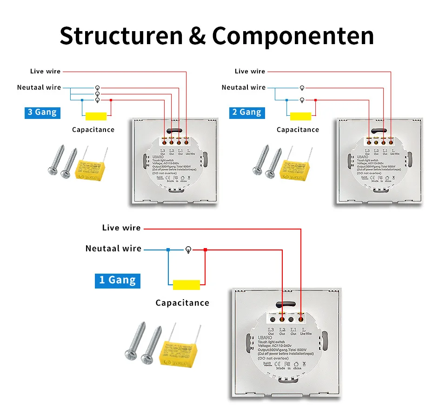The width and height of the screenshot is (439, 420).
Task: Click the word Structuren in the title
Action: (x=121, y=36)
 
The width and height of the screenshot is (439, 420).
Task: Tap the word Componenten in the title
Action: (x=293, y=36)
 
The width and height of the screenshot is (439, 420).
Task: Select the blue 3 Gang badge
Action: (x=42, y=112)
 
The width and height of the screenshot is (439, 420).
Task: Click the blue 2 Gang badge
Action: (x=246, y=112)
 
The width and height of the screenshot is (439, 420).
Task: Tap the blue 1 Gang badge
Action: (x=117, y=280)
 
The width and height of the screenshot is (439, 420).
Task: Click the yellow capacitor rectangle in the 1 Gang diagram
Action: (x=186, y=285)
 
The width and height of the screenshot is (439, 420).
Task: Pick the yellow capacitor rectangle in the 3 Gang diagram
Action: (x=96, y=116)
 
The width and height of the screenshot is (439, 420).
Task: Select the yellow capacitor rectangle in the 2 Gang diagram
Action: (x=300, y=116)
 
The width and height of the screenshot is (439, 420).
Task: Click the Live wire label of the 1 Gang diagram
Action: (x=121, y=228)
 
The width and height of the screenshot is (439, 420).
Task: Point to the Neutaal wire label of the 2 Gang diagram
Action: (x=244, y=87)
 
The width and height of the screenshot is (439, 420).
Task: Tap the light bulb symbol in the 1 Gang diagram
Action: (x=188, y=250)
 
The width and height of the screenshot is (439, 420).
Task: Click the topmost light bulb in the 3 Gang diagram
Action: (x=97, y=88)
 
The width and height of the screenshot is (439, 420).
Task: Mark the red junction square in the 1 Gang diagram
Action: (x=205, y=250)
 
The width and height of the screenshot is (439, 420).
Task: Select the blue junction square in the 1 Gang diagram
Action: (x=168, y=250)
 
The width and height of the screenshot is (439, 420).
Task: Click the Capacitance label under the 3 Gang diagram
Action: (x=93, y=130)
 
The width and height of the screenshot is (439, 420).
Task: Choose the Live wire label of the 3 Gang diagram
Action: (x=45, y=71)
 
